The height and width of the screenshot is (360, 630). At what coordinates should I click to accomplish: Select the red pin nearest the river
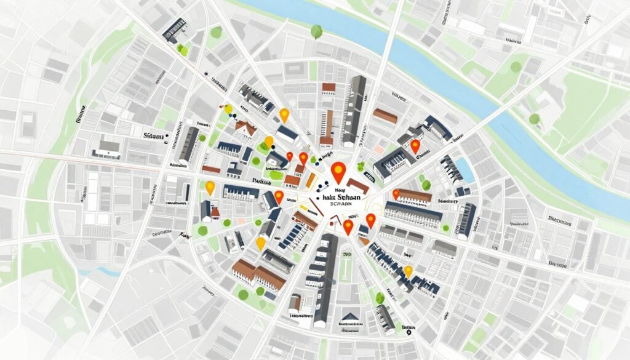[415, 146]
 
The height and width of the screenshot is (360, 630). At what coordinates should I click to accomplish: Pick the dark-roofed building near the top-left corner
[174, 29]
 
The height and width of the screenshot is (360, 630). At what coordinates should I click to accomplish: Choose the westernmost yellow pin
[210, 186]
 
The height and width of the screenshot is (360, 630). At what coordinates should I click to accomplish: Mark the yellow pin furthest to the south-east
[407, 271]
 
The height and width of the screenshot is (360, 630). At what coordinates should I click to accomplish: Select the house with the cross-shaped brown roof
[246, 128]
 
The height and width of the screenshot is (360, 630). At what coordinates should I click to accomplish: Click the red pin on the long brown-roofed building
[396, 194]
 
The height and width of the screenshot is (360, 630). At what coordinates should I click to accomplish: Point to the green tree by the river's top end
[317, 31]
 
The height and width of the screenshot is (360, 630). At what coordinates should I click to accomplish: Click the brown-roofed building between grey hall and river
[385, 116]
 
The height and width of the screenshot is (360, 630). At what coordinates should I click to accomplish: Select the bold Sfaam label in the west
[153, 135]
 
